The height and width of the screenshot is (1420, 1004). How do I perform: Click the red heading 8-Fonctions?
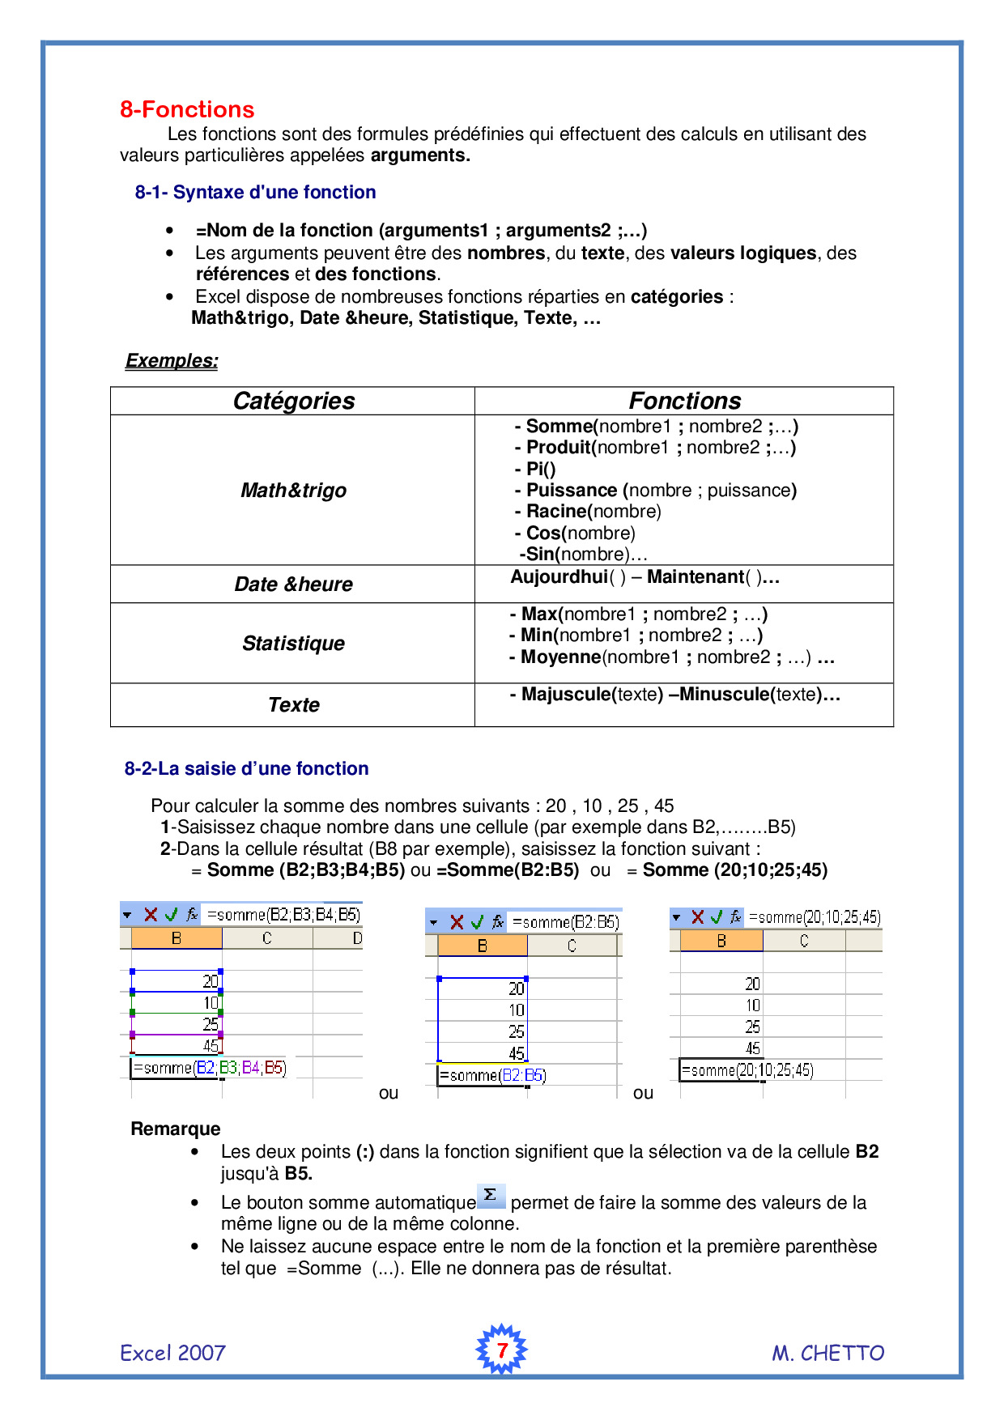187,109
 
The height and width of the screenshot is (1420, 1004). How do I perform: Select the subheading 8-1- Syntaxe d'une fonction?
255,192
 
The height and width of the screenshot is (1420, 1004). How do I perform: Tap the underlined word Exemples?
172,360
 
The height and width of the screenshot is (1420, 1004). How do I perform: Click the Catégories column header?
293,401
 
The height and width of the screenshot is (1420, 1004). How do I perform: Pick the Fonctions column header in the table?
684,401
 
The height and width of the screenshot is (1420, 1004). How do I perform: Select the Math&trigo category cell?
293,490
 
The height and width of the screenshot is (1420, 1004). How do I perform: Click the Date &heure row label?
293,584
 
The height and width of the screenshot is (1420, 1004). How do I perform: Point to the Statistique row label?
293,643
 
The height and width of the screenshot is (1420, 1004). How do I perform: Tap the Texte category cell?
293,704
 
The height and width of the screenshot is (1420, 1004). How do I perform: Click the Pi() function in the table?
540,469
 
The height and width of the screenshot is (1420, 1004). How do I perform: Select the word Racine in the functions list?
556,511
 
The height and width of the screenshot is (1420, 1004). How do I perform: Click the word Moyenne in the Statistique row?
560,657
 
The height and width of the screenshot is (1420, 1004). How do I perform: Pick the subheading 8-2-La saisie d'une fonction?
246,768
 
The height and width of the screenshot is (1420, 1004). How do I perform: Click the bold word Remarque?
176,1129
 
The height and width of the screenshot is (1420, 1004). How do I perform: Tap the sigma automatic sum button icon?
491,1196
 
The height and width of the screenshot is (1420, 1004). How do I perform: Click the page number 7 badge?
501,1350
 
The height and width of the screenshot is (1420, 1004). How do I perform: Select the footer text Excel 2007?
172,1353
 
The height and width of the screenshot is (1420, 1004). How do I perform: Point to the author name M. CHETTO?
827,1353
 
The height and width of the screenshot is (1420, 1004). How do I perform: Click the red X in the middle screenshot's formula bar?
457,922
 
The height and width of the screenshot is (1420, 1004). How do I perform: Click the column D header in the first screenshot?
356,938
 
